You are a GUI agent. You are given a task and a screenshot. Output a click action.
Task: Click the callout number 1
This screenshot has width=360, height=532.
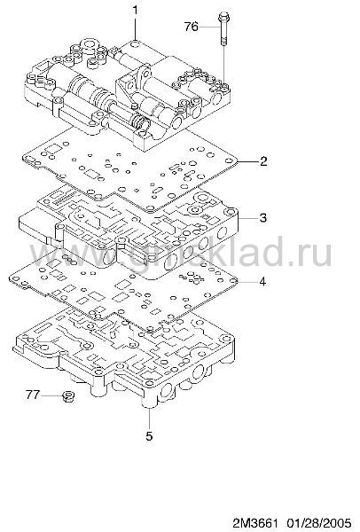coord(136,10)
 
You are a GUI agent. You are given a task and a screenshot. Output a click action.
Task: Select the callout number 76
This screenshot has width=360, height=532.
coord(192,27)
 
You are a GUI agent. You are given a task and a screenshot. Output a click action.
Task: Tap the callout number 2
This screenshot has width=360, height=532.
coord(263,160)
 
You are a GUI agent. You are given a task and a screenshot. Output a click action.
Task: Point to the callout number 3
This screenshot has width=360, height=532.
coord(263,217)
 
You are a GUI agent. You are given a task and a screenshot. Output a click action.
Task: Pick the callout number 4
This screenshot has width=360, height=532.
coord(262,281)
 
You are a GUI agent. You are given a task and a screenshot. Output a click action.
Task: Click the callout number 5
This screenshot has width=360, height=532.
coord(149,435)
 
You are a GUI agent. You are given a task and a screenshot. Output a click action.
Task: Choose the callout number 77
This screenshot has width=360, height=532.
coord(33,395)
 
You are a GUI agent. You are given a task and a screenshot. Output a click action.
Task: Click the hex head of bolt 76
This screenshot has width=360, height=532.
coord(223,16)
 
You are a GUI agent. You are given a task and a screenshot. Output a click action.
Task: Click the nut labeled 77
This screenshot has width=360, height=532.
coord(69,396)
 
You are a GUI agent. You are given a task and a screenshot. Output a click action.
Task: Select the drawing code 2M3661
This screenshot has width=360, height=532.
coord(255,522)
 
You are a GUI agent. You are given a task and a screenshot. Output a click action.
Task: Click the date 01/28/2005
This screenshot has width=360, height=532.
coord(317,522)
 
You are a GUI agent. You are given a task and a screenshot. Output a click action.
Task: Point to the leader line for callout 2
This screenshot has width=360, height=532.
coord(247,161)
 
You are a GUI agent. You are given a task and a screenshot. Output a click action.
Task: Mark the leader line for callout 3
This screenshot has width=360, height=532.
coord(248,218)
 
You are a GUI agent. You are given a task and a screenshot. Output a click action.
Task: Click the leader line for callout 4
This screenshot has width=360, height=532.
coord(247,281)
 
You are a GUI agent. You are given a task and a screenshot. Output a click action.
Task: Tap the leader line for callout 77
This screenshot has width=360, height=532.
coord(51,395)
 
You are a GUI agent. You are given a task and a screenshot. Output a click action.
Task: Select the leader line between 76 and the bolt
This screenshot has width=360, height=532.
coord(209,27)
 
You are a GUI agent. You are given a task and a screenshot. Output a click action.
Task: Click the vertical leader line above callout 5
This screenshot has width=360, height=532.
coord(149,419)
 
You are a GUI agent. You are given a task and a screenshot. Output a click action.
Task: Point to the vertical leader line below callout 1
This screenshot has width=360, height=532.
coord(136,29)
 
